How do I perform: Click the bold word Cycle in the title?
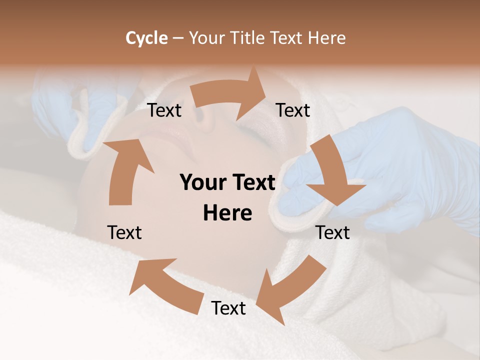pyautogui.click(x=146, y=38)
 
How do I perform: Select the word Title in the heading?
pyautogui.click(x=248, y=38)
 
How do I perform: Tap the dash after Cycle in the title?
pyautogui.click(x=178, y=38)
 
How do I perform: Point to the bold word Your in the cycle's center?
pyautogui.click(x=202, y=183)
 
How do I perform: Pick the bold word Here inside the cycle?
pyautogui.click(x=227, y=213)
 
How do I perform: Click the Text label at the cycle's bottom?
pyautogui.click(x=228, y=308)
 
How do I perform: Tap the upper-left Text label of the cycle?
pyautogui.click(x=164, y=110)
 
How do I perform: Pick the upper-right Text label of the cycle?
pyautogui.click(x=293, y=110)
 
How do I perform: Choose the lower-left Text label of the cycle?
pyautogui.click(x=124, y=232)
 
